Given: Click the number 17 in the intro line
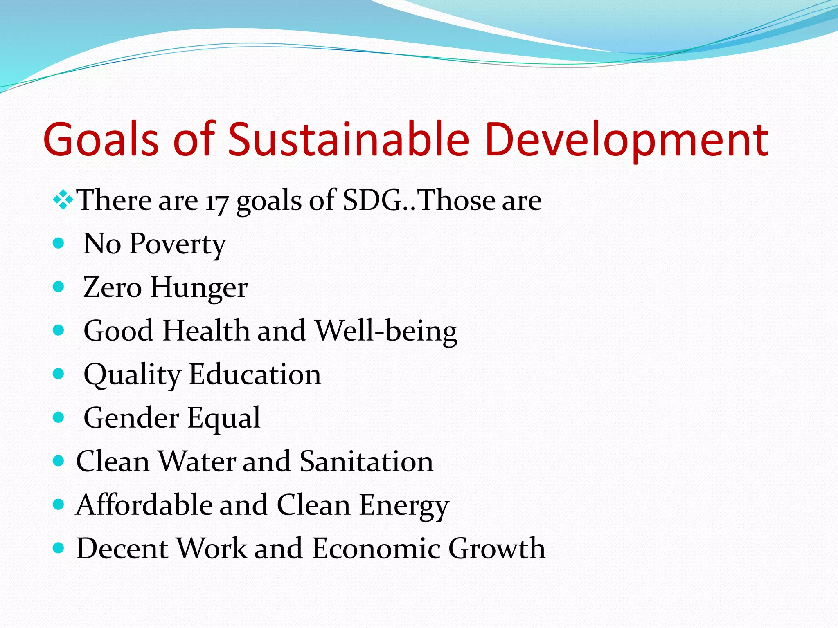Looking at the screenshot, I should point(216,202).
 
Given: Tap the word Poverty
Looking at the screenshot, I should point(178,244).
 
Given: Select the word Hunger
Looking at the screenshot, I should point(199,287).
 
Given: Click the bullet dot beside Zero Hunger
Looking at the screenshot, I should point(59,287).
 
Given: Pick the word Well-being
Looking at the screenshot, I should point(386,331).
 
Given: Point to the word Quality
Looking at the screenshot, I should point(132,375).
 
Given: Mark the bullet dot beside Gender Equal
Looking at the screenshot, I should point(59,417).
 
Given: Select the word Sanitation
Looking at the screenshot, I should point(366,461).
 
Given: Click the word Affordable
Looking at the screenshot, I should point(144,505).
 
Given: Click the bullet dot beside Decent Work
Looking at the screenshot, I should point(59,548).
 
